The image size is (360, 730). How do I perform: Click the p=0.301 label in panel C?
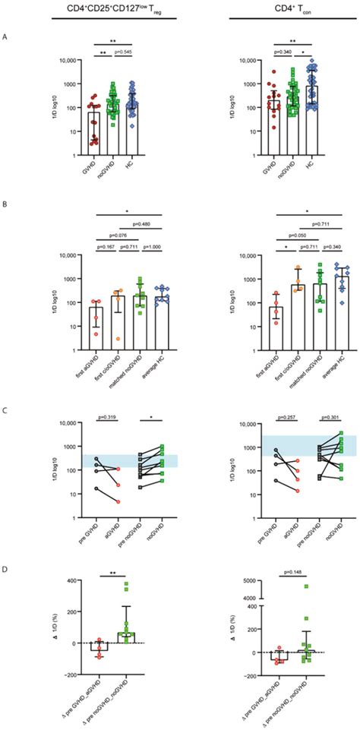[x=325, y=419]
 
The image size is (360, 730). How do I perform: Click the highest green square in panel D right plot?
[x=308, y=586]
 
